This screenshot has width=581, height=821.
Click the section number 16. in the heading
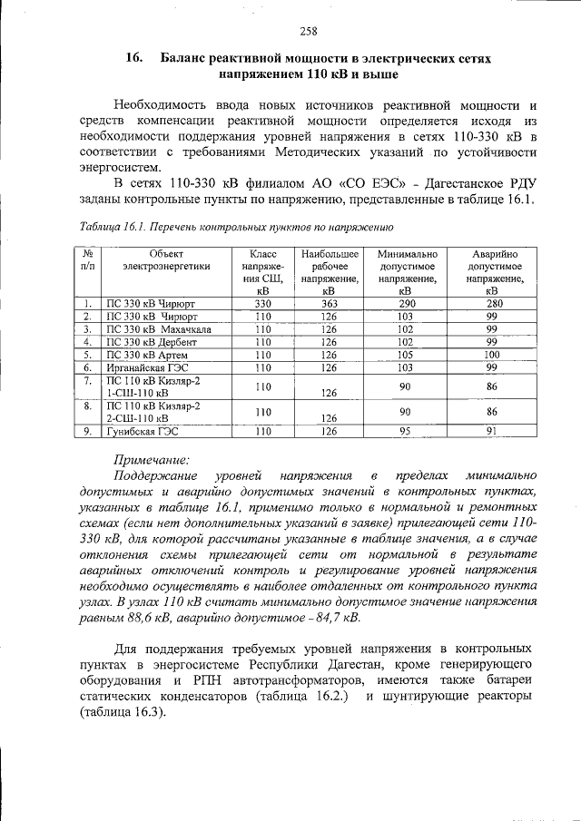(x=136, y=58)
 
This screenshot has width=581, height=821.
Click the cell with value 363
(x=330, y=303)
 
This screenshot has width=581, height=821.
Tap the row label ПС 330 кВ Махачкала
(x=159, y=328)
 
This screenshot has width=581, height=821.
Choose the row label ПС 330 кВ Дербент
(x=151, y=342)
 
